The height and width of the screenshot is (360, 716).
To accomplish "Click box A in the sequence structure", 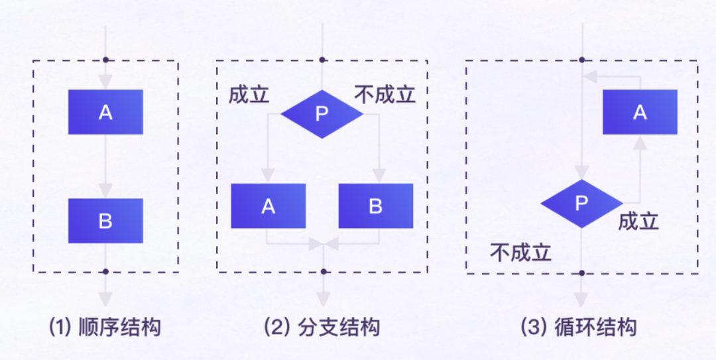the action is click(x=105, y=112).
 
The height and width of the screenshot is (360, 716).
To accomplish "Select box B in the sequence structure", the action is click(x=105, y=221).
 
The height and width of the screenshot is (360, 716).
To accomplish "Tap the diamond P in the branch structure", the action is click(x=322, y=114).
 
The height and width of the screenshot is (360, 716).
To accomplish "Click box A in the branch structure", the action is click(x=268, y=206).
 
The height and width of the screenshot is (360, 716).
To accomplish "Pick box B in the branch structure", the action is click(x=375, y=206).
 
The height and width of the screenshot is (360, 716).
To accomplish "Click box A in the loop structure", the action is click(x=639, y=112).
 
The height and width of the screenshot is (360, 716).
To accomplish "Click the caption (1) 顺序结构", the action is click(x=105, y=327).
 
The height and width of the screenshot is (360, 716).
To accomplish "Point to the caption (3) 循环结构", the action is click(x=579, y=327).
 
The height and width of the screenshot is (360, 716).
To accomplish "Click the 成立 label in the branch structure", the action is click(x=249, y=95).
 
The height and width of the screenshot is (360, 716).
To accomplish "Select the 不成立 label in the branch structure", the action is click(x=385, y=95).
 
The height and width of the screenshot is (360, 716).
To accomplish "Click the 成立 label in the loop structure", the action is click(x=638, y=221).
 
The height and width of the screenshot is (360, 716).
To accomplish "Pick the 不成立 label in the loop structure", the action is click(x=520, y=252).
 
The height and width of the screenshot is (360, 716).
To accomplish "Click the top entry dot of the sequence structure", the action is click(x=105, y=60).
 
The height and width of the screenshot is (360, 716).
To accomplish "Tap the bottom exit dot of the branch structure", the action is click(x=323, y=271).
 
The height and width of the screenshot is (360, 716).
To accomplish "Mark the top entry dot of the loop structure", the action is click(x=581, y=60).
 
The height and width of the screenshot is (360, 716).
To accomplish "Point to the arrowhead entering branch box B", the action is click(x=379, y=175).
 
